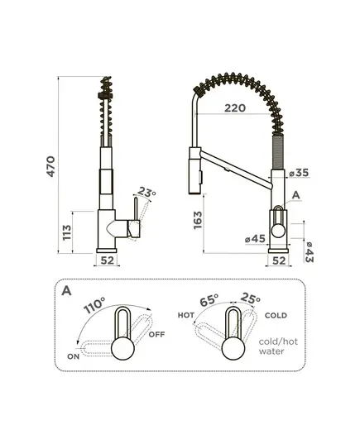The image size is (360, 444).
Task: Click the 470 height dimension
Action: coord(50,166)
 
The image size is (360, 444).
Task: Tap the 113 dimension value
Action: coord(67,232)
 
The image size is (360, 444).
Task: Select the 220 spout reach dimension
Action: coord(235,107)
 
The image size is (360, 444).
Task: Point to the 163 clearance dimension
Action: coord(198,220)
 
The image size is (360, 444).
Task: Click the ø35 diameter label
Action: coord(299,173)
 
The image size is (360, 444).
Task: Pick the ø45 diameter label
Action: coord(255,239)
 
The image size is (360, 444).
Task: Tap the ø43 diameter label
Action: coord(310,252)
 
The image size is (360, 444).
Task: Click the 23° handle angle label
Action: coord(146,193)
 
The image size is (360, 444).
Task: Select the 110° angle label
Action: coord(94,305)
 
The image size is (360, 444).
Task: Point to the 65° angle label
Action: coord(209,300)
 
